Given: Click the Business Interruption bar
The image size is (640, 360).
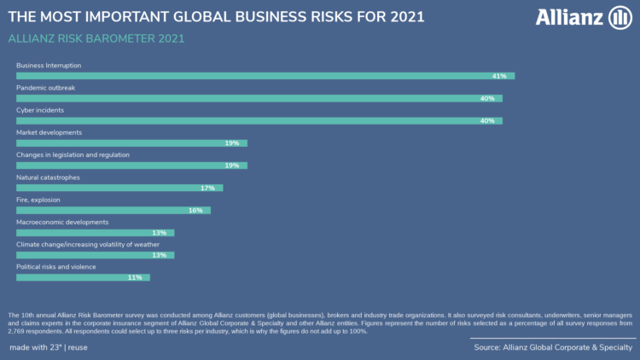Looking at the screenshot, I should click(265, 76).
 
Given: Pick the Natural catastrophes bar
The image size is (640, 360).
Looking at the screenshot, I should click(119, 188).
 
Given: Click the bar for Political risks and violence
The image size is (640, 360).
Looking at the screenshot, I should click(83, 277).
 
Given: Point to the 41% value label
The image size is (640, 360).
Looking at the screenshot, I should click(499, 76).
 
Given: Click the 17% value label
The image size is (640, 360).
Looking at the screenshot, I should click(207, 188).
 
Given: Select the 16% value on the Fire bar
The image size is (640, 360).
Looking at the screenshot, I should click(195, 210).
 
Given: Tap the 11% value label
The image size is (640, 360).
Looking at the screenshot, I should click(135, 277).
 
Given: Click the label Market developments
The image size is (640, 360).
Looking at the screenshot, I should click(49, 132).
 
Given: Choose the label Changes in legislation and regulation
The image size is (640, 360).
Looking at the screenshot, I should click(73, 154).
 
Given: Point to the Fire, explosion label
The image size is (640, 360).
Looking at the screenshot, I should click(38, 200).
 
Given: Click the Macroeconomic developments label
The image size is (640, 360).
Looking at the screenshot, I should click(62, 222).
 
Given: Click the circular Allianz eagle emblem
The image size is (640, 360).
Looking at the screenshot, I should click(619, 17).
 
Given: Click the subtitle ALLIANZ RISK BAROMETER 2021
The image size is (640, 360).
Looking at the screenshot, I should click(96, 38).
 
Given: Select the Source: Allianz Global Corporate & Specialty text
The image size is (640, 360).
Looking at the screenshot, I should click(553, 348).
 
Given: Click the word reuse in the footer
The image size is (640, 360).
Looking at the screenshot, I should click(77, 348).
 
